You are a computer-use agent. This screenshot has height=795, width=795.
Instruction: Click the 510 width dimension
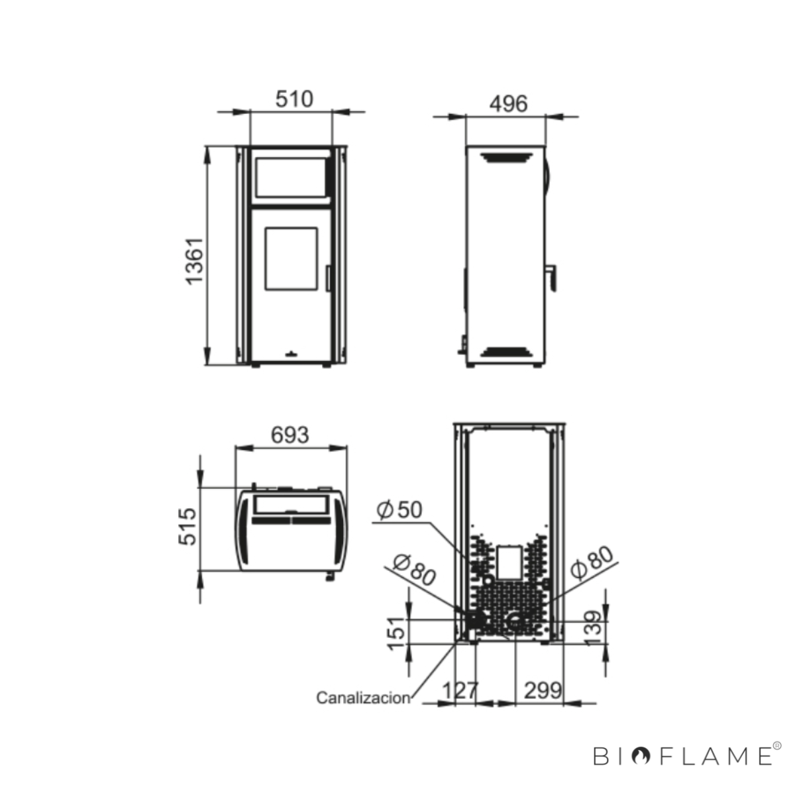pos(294,99)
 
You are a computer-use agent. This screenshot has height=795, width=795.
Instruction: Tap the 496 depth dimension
pos(508,103)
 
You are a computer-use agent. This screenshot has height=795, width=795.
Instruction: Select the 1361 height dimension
pos(194,261)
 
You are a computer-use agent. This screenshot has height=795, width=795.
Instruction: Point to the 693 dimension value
pos(290,435)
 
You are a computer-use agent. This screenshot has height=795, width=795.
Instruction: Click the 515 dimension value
pos(187,527)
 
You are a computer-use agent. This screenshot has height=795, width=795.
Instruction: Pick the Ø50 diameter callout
pos(399,510)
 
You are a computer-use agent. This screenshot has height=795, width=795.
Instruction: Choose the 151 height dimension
pos(396,634)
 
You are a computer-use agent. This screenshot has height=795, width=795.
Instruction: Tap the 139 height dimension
pos(593,629)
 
